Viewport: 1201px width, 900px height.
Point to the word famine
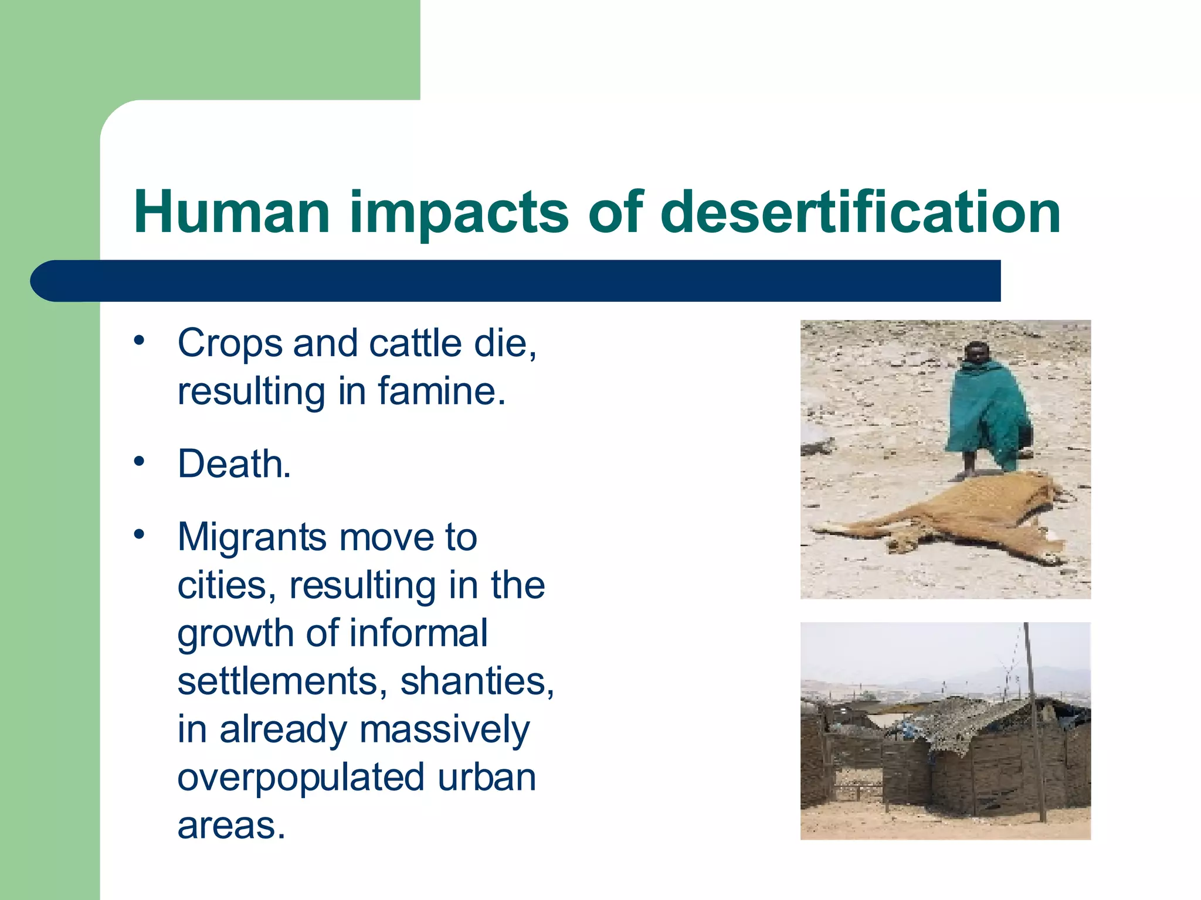(x=441, y=391)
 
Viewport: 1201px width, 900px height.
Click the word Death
(x=234, y=464)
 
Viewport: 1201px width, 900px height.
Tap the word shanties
(x=477, y=682)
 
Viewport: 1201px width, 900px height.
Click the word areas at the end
(x=231, y=826)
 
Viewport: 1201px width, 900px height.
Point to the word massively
(x=444, y=731)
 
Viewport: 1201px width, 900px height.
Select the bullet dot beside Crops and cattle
(x=139, y=340)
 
